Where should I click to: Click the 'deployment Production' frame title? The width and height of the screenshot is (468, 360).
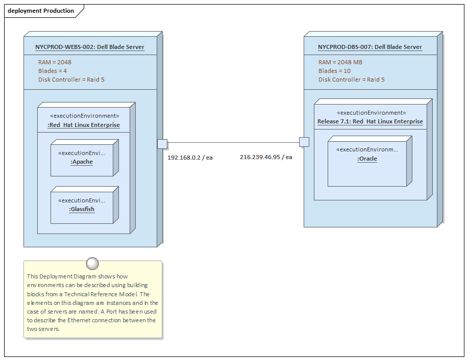(41, 11)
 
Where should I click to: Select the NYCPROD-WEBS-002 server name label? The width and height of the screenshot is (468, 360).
(90, 47)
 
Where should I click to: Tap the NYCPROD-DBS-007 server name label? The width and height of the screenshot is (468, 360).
(370, 47)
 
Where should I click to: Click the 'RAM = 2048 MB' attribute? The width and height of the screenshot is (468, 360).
(340, 62)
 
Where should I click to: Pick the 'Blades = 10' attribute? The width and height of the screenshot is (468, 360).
(334, 71)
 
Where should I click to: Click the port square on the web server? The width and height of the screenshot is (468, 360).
(162, 144)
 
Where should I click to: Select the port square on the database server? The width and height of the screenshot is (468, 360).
(304, 142)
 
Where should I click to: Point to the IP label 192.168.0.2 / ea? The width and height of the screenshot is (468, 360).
(190, 158)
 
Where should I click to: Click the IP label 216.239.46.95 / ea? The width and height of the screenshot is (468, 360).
(266, 157)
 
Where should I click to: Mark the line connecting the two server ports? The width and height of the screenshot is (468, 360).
(233, 143)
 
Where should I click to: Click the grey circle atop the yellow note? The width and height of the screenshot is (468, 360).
(92, 263)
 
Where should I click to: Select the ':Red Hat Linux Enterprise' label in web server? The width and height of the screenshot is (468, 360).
(84, 125)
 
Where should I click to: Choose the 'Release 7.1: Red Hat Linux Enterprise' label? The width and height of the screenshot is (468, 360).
(370, 121)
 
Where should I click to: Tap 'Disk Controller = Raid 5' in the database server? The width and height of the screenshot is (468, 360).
(352, 80)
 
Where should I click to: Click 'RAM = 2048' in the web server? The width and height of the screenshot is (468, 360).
(55, 62)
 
